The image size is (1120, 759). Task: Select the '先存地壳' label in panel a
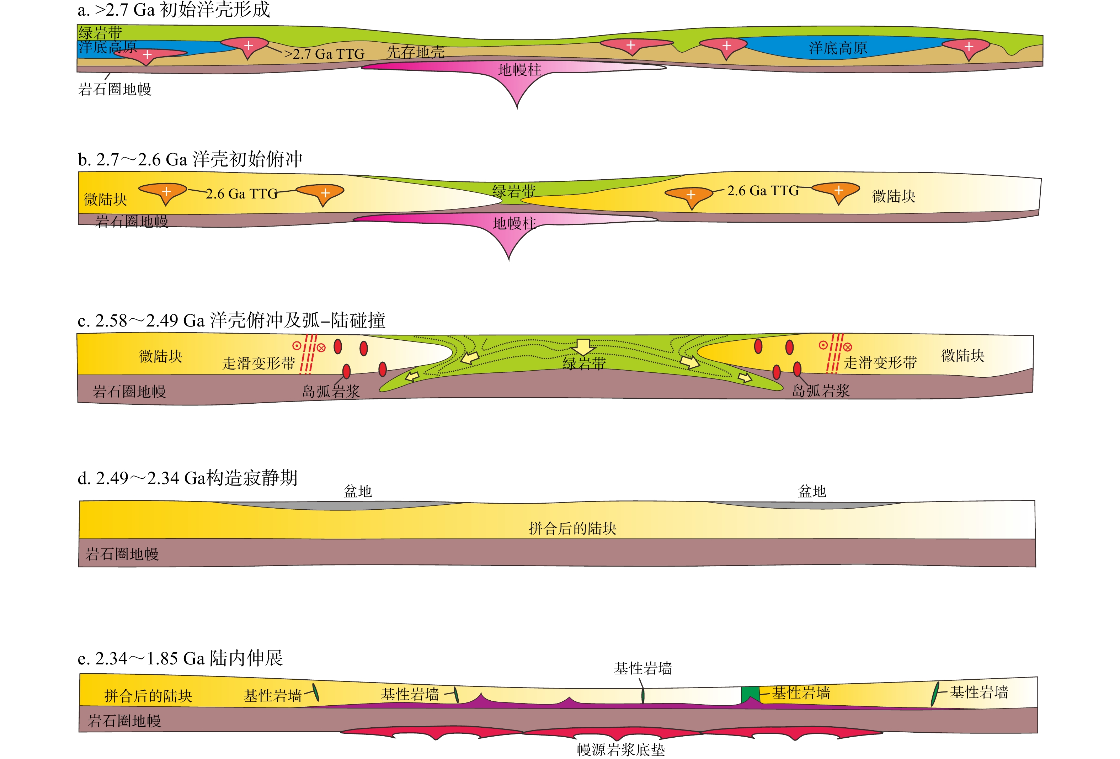point(415,52)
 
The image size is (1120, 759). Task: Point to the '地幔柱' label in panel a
point(519,70)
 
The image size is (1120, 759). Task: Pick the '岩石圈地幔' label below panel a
point(115,89)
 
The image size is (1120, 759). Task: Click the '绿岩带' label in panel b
point(514,191)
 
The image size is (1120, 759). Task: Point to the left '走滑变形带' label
point(258,363)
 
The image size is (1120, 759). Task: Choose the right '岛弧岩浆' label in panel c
point(821,391)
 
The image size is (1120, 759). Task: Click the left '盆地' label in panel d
point(357,492)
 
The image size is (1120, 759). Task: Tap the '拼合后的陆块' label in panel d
point(572,529)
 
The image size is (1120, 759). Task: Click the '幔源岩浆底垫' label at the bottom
point(621,750)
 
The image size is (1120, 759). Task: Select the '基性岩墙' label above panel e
point(642,668)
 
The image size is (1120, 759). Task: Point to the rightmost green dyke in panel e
point(935,694)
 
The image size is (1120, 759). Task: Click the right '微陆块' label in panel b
point(894,196)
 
